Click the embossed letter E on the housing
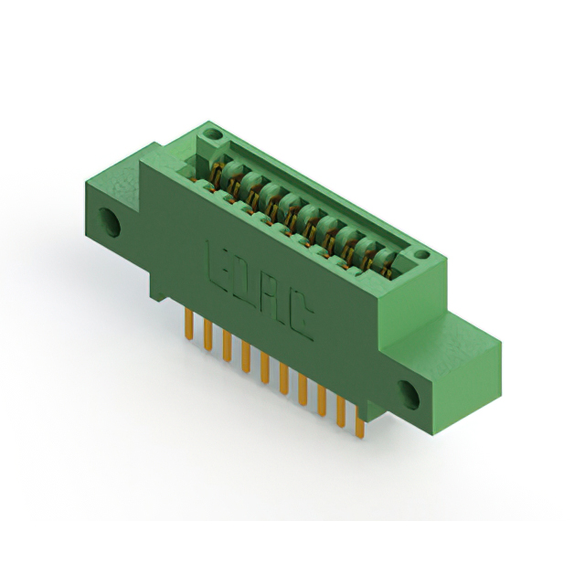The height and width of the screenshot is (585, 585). (x=218, y=266)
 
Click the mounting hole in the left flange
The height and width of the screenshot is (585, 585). (x=109, y=222)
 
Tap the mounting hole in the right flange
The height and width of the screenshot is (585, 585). (x=409, y=395)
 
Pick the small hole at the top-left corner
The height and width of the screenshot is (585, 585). (x=213, y=133)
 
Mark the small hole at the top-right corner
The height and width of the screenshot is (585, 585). (x=422, y=254)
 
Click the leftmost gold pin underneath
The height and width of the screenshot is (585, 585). (x=189, y=324)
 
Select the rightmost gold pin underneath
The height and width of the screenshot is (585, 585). (x=359, y=422)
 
